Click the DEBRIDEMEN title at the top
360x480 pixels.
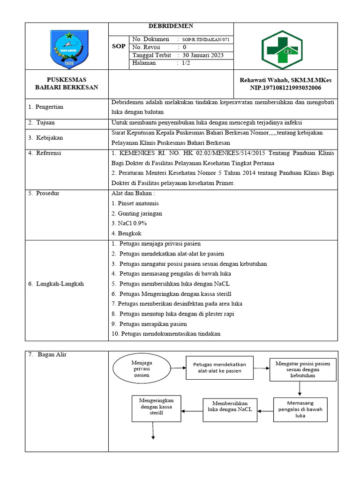tap(171, 26)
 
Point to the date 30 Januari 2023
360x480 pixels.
tap(203, 55)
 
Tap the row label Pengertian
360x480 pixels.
tap(49, 107)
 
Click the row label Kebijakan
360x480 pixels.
tap(49, 138)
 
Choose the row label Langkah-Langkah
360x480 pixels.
tap(60, 284)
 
